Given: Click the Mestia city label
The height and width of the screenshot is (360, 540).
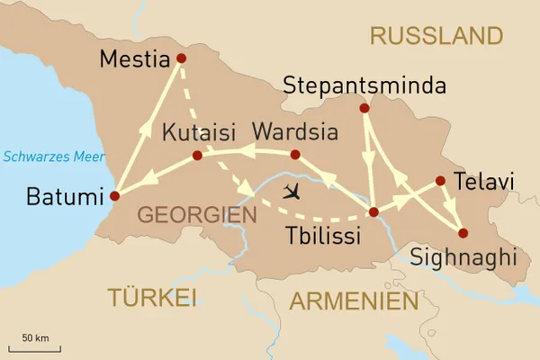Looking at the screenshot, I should coord(135,61).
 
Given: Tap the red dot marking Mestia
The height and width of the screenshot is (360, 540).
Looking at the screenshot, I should coord(181,58).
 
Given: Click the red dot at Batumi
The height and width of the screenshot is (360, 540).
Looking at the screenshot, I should coord(114,195).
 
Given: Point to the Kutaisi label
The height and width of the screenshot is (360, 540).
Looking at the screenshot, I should coord(201,132).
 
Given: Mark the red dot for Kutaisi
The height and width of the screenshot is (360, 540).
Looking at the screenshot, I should coord(197,156).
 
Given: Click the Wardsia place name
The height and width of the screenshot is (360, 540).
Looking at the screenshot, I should coord(295,132).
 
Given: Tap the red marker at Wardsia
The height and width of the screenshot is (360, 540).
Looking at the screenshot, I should coord(295,155).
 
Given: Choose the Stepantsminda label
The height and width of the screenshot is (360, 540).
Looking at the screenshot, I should coord(364,86).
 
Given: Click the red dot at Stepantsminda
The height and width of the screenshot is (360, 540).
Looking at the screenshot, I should coord(364,108).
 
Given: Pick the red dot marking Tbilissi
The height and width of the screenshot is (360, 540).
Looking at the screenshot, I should coord(373,213).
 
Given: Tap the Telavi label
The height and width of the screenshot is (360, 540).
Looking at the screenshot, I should coord(484,182).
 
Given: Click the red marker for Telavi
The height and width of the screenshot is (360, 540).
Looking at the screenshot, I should coord(440,181).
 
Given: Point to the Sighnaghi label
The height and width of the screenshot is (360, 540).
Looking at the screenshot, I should coord(463,258).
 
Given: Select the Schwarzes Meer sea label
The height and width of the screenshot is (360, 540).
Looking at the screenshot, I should coord(49,156).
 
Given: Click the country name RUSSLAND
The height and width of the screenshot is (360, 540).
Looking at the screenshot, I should coord(436,36).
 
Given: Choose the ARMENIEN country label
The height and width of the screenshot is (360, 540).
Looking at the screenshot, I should coord(354,301).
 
